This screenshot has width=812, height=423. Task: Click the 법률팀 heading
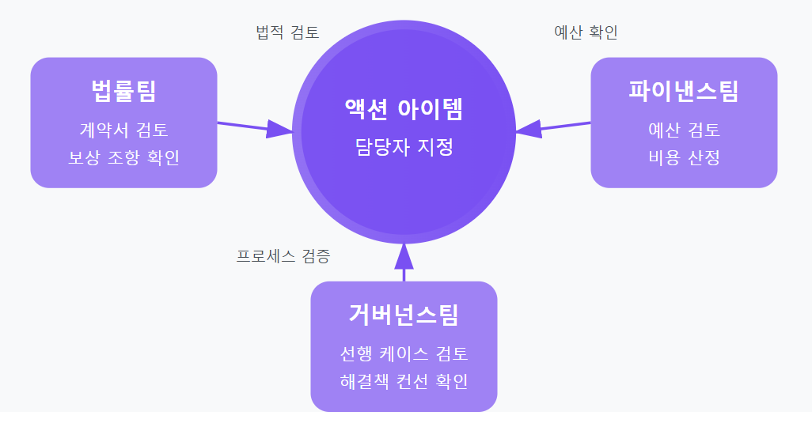tap(123, 91)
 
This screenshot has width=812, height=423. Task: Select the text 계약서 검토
tap(123, 130)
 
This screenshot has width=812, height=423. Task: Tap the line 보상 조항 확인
tap(123, 157)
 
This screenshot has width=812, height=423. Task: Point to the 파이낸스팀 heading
tap(684, 91)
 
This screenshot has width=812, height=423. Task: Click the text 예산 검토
tap(684, 130)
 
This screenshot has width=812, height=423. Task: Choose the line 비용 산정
tap(684, 157)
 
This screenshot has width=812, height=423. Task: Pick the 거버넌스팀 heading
tap(404, 315)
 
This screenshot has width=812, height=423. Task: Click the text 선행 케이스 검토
tap(404, 353)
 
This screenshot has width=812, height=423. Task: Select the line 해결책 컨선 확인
tap(404, 380)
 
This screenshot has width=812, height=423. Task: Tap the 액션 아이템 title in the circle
tap(404, 108)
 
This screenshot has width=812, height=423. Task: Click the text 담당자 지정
tap(404, 147)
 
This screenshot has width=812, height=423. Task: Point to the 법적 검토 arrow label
tap(287, 32)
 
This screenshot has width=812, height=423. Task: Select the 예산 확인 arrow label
tap(586, 32)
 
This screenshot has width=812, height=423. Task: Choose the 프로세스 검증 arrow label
tap(283, 256)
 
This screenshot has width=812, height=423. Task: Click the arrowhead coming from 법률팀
tap(280, 130)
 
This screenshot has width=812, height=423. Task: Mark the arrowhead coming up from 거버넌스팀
tap(404, 255)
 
